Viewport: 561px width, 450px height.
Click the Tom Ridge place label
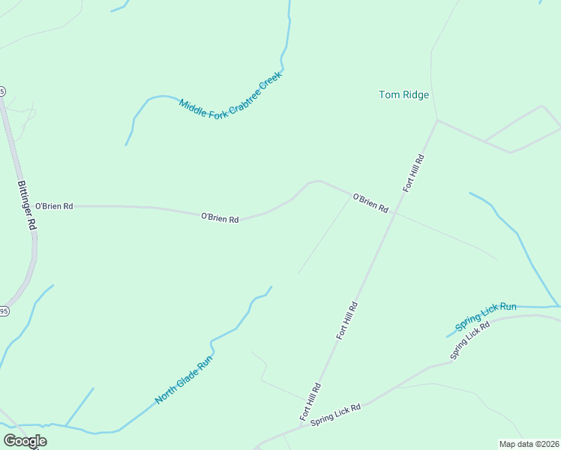403,94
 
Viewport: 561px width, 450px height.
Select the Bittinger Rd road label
26,204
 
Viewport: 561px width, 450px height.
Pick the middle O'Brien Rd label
220,218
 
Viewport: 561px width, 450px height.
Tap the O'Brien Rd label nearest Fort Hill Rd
370,202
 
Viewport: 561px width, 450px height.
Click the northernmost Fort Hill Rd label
414,173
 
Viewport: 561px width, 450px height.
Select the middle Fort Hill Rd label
348,321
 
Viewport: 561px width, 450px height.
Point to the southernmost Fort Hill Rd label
310,401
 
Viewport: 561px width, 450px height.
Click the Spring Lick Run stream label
486,318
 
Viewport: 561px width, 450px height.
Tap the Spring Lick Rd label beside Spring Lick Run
470,340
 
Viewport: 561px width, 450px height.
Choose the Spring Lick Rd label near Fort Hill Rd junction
336,415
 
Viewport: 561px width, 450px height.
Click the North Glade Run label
184,380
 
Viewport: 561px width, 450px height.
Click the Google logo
25,441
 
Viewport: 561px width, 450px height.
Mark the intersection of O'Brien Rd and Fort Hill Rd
392,212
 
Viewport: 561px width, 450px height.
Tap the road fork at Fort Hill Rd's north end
437,119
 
